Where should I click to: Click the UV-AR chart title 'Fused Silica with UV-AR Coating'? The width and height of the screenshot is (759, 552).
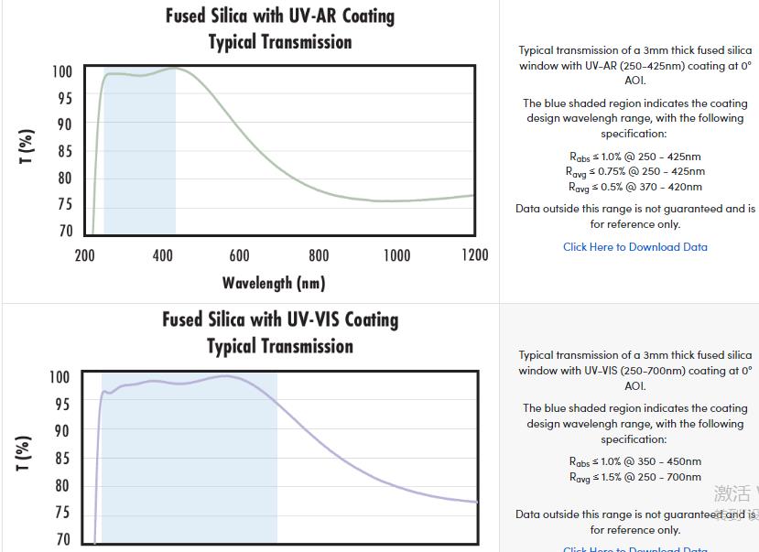[279, 16]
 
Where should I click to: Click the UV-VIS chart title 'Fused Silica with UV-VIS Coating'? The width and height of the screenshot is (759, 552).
[280, 319]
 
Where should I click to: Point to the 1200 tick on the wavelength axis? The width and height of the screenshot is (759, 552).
[473, 255]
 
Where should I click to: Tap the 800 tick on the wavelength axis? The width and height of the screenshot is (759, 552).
[319, 255]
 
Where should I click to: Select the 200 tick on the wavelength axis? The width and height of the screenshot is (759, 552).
[85, 255]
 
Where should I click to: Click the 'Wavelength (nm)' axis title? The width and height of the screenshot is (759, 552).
[274, 283]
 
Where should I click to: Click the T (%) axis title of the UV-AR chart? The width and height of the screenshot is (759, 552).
[27, 146]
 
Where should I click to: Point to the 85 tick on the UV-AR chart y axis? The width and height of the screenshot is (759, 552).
[64, 152]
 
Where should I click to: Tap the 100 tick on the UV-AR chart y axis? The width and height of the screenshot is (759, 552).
[61, 72]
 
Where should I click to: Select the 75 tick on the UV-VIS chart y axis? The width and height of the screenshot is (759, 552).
[61, 513]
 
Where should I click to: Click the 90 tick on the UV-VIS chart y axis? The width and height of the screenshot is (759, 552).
[61, 430]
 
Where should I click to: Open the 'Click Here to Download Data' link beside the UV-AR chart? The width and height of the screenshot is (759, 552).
[635, 246]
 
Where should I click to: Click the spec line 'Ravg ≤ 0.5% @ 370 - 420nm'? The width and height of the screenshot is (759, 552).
[634, 187]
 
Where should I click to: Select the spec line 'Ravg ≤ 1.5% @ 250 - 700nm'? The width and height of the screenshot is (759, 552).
[634, 477]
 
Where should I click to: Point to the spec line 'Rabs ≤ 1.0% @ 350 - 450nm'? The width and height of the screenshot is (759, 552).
[634, 461]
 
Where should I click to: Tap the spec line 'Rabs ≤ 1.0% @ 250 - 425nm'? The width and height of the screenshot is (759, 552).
[634, 157]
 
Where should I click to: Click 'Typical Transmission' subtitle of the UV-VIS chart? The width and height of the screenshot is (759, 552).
[280, 346]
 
